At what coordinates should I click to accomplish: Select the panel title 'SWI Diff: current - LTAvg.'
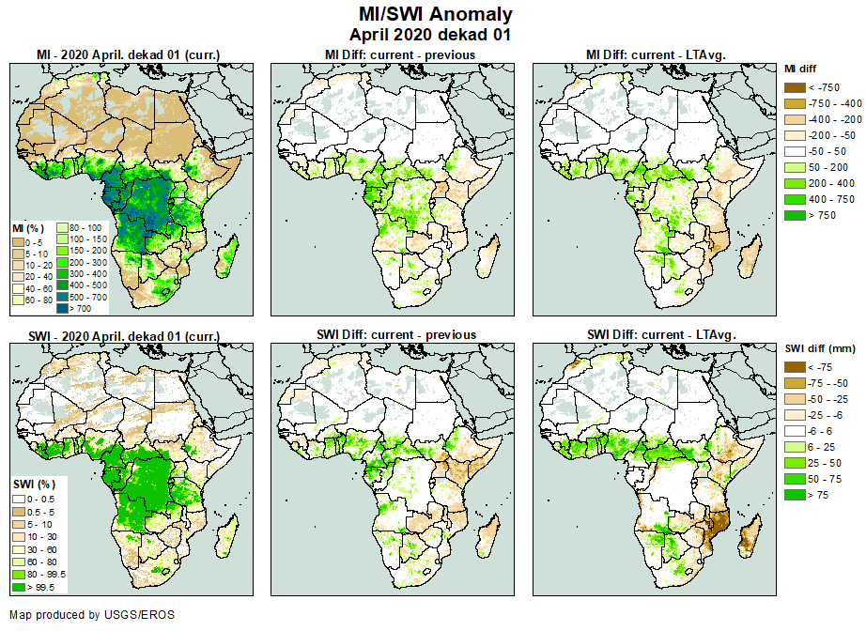tap(659, 334)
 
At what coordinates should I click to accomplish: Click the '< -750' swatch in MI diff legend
tap(795, 86)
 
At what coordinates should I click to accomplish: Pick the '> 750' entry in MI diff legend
tap(795, 216)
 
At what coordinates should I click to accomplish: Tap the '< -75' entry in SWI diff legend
tap(795, 367)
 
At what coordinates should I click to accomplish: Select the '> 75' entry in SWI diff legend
tap(795, 494)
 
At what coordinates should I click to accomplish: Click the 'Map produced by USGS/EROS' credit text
tap(92, 615)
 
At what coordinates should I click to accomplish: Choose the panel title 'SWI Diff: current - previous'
tap(399, 334)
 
